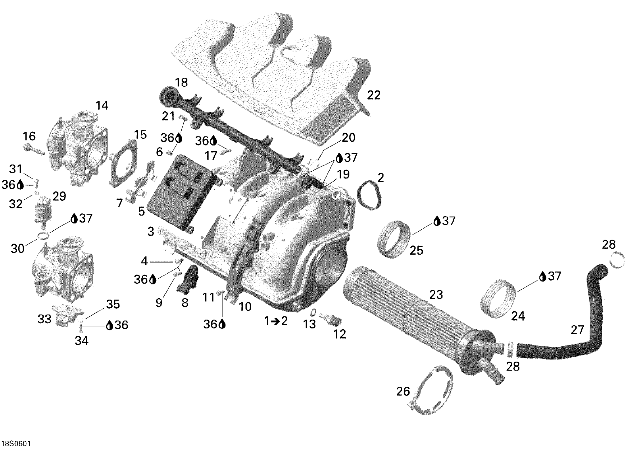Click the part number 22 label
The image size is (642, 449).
point(373,95)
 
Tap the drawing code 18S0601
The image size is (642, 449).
point(16,443)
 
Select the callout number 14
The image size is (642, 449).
point(102,106)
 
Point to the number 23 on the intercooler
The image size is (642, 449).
point(436,294)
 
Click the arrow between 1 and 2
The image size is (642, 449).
point(276,321)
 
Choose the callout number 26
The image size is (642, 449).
point(403,391)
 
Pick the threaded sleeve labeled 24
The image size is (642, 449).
point(498,299)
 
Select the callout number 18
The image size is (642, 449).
point(181,83)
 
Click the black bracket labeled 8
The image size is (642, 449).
point(187,279)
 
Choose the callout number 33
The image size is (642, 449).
point(44,319)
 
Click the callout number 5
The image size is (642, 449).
point(141,211)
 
